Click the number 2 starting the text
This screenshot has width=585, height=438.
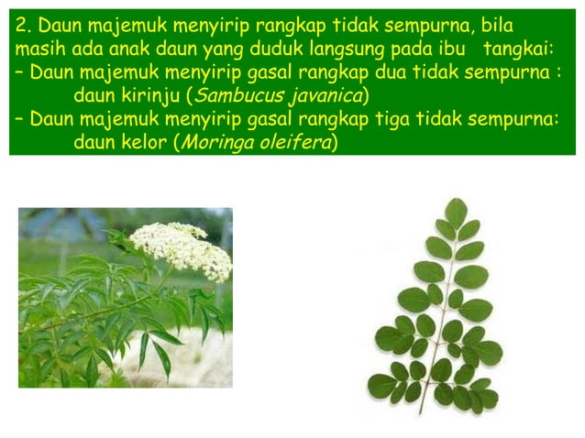coord(20,24)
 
